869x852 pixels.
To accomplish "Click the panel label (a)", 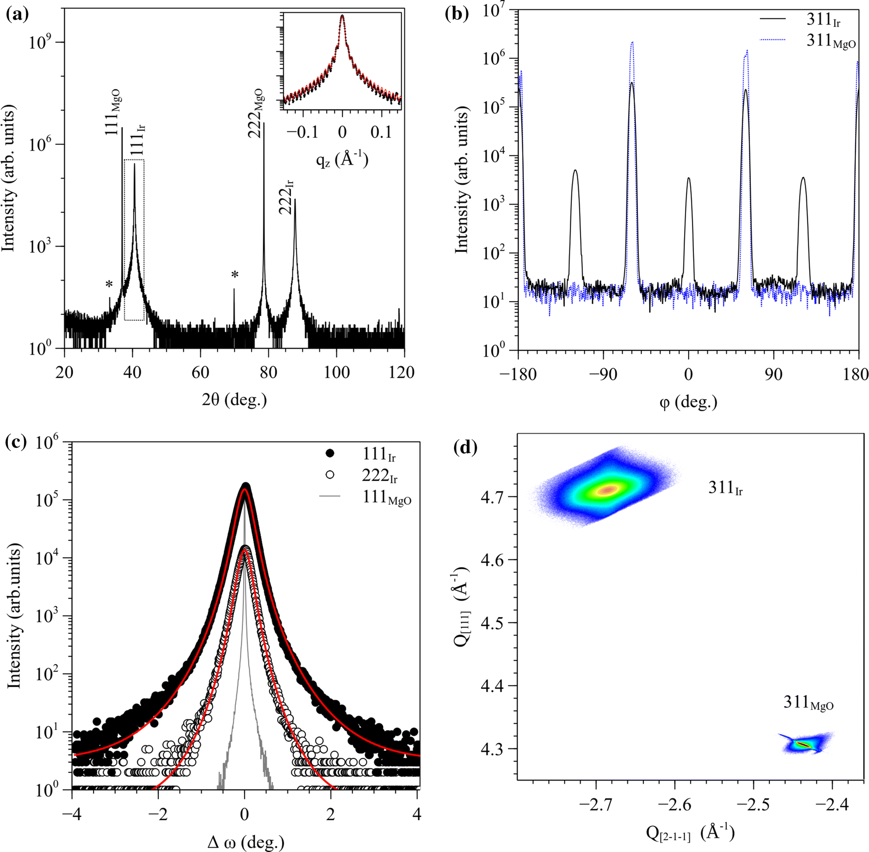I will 17,14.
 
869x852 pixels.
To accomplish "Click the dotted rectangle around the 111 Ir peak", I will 134,240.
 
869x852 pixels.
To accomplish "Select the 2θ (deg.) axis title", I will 234,399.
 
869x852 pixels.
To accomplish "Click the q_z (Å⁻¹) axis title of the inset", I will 342,159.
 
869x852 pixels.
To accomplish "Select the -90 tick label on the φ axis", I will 603,374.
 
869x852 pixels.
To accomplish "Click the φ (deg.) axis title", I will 689,403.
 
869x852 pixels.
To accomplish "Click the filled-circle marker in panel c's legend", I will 330,454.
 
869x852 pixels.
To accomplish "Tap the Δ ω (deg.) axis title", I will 246,842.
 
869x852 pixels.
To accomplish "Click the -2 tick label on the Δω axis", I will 158,814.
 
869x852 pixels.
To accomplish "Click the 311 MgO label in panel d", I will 808,703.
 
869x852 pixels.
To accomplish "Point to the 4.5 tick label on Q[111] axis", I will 493,623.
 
